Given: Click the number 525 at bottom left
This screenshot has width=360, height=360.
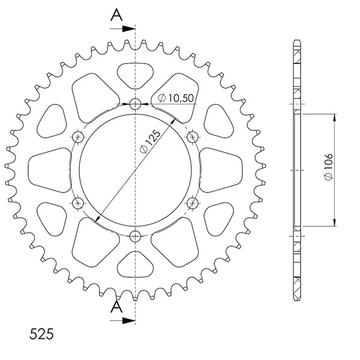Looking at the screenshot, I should tap(41, 334).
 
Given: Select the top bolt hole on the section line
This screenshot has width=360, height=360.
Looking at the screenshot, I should tap(135, 104).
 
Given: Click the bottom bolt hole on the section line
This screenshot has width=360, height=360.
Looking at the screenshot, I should tap(135, 235).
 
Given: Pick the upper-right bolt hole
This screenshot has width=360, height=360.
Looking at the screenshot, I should tap(193, 137).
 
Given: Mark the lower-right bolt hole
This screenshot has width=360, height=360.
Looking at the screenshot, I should tap(193, 203).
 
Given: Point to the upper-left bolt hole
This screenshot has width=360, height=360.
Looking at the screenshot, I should tap(77, 137).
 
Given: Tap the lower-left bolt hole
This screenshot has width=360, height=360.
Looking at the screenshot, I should tap(77, 203).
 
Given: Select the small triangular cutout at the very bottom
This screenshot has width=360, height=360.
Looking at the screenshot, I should tap(135, 265).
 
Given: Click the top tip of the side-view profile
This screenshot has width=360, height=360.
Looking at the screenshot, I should tap(297, 41).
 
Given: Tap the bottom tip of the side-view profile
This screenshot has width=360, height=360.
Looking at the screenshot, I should tap(297, 298).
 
